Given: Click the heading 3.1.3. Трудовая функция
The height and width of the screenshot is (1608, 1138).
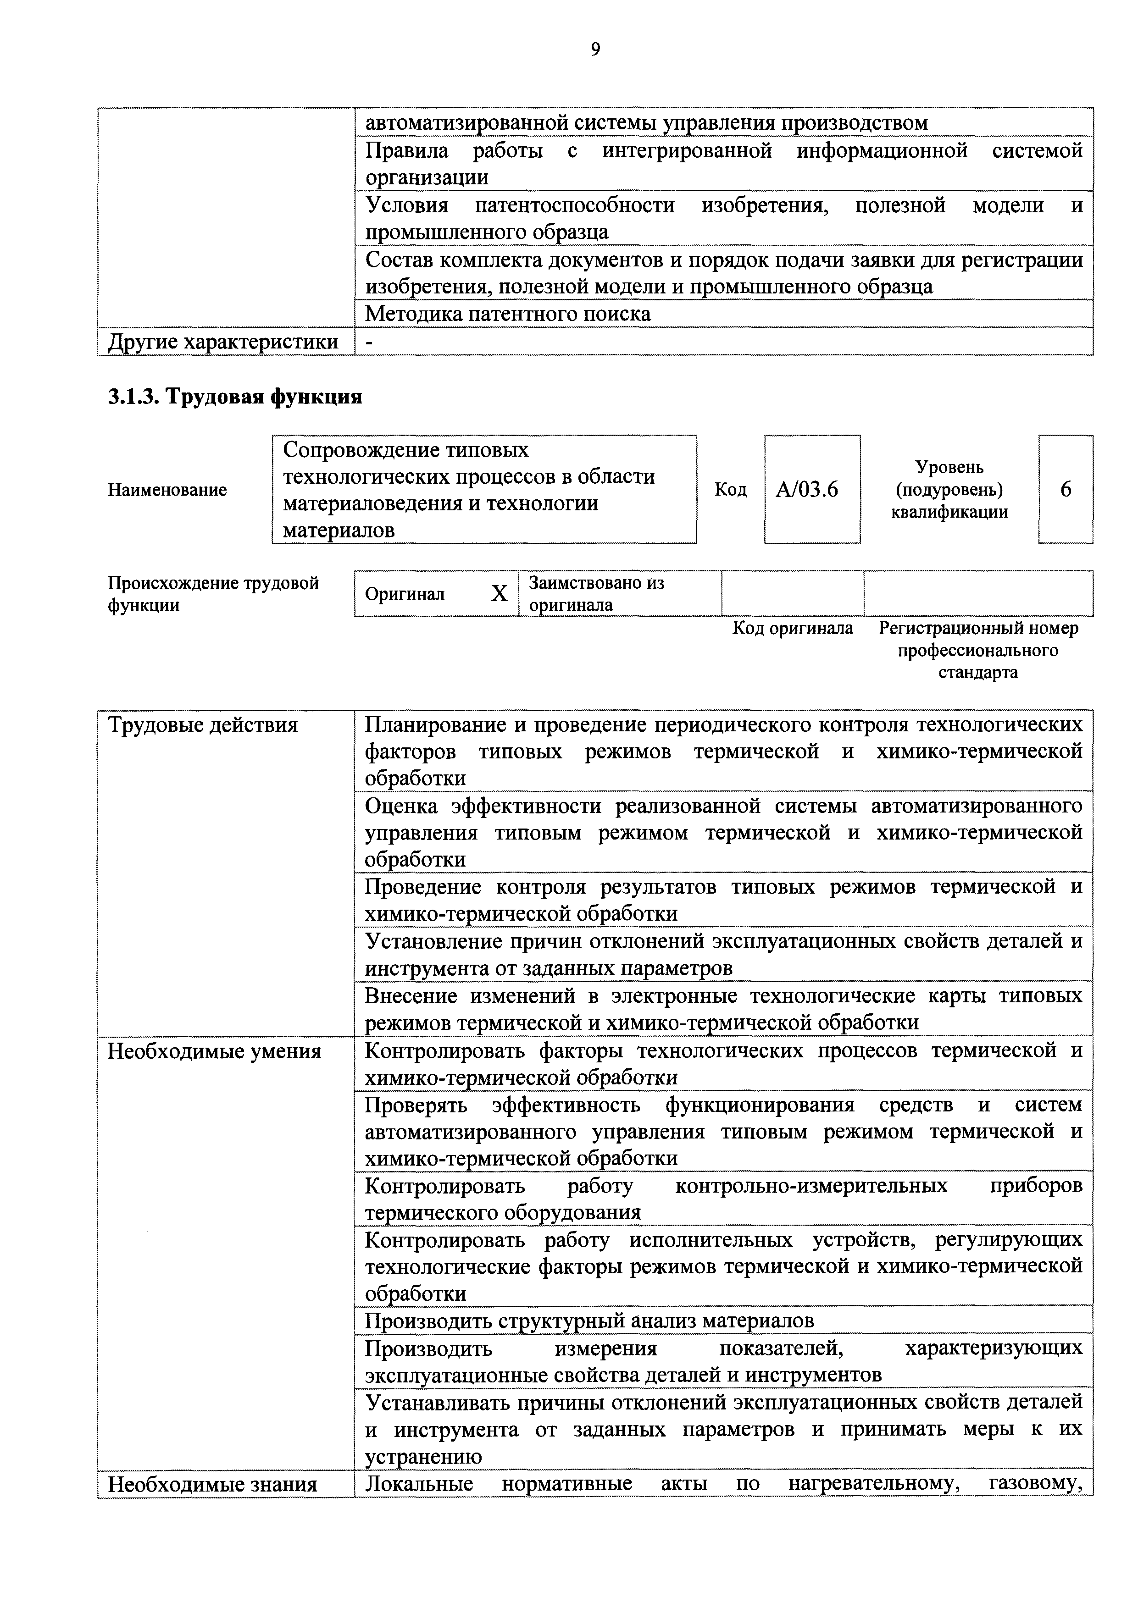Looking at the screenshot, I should point(235,397).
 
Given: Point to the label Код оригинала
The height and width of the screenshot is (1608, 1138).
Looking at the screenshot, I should point(793,628).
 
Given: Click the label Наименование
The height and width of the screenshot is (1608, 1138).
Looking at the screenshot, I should point(167,490).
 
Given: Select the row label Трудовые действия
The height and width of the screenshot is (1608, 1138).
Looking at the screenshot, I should point(203,725).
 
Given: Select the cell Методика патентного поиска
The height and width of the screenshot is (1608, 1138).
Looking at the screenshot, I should point(508,314).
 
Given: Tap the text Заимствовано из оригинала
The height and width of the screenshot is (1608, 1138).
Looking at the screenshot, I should point(596,594).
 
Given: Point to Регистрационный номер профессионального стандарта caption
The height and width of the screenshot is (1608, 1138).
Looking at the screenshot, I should point(978,650).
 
